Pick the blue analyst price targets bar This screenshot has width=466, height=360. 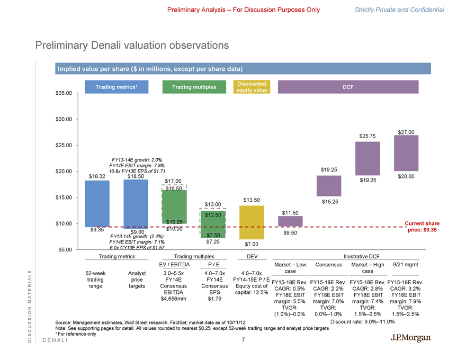(x=135, y=204)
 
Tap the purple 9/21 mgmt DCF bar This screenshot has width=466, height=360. (x=407, y=153)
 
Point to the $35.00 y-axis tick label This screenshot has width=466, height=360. (x=66, y=93)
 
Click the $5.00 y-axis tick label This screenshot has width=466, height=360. (x=68, y=249)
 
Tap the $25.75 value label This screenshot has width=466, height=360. (x=368, y=137)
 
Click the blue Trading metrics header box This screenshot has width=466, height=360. (x=115, y=87)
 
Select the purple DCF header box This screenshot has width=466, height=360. (x=348, y=87)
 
